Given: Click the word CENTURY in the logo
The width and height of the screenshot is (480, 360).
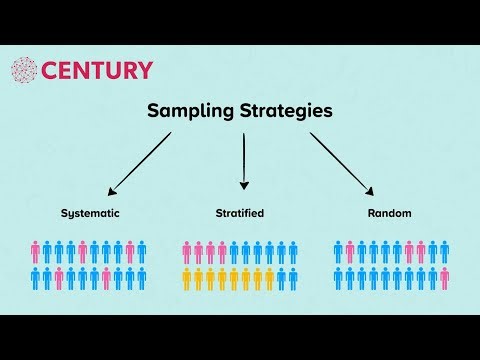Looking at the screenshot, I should [x=97, y=70].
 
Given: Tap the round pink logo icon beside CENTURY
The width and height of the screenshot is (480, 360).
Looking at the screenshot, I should [x=24, y=70].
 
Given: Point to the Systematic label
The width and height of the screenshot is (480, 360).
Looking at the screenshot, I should [x=89, y=214].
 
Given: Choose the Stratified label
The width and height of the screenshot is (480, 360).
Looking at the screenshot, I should [x=240, y=214].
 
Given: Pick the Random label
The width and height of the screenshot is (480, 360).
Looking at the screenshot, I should [x=390, y=214].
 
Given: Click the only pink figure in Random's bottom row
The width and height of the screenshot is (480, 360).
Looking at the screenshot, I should [x=444, y=277].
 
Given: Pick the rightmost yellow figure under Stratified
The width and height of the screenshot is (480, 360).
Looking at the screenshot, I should [x=269, y=277].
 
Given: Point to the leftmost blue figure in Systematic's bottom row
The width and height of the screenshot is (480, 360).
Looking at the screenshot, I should [x=36, y=277].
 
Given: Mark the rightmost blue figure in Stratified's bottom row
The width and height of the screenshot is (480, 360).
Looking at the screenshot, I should [x=292, y=277].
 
